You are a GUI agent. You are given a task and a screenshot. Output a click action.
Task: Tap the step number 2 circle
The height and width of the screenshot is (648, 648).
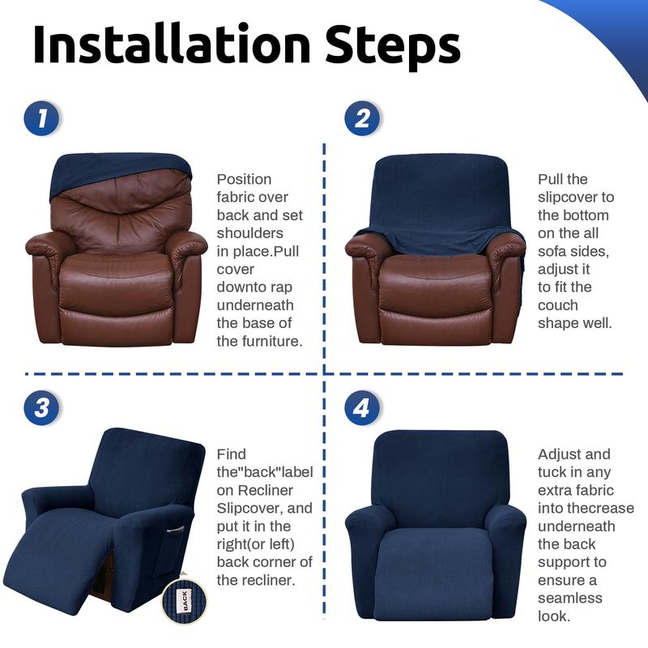tap(362, 119)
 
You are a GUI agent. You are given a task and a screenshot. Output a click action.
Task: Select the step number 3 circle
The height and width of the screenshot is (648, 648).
tap(40, 407)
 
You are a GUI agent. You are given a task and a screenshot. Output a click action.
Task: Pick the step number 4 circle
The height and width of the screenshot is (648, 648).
tap(362, 407)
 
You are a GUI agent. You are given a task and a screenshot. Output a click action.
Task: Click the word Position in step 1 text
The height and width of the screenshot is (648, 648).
tap(244, 179)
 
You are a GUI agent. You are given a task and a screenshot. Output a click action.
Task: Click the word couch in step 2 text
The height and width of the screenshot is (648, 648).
tap(558, 305)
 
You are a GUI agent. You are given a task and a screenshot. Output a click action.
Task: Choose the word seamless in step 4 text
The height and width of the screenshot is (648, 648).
tap(569, 598)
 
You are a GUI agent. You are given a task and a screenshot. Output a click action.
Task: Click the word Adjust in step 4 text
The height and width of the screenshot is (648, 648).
tap(562, 454)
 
